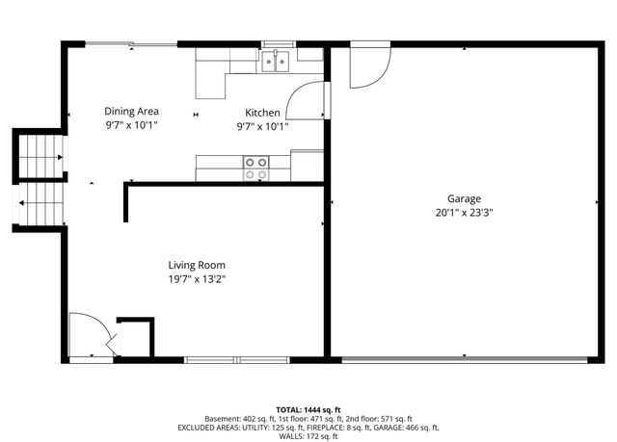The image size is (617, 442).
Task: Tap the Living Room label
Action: (197, 265)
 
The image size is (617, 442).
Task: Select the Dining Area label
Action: (132, 111)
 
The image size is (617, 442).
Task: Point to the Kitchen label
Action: (262, 113)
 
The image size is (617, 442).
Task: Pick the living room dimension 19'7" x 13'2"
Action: (197, 279)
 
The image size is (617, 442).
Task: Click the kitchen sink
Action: (278, 63)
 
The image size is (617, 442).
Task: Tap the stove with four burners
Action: (256, 169)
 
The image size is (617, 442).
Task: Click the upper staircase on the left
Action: (41, 151)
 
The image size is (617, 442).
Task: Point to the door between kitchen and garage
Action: (310, 98)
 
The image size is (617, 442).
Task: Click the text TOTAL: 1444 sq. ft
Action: (308, 409)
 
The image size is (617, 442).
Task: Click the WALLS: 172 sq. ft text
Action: (308, 436)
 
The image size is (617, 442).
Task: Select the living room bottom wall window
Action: (237, 360)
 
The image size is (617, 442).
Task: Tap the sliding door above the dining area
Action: (130, 43)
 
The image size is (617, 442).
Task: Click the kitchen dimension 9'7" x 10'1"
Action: (262, 126)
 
